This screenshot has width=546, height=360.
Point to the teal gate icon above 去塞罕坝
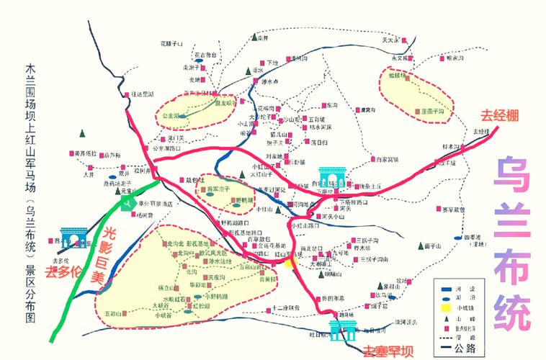pos(342,328)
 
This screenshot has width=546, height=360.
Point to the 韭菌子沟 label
pos(432,112)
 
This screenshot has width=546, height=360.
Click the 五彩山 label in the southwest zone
pos(114,313)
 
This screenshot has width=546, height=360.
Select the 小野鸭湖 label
pos(215,295)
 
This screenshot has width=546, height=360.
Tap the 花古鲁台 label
pos(205,55)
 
